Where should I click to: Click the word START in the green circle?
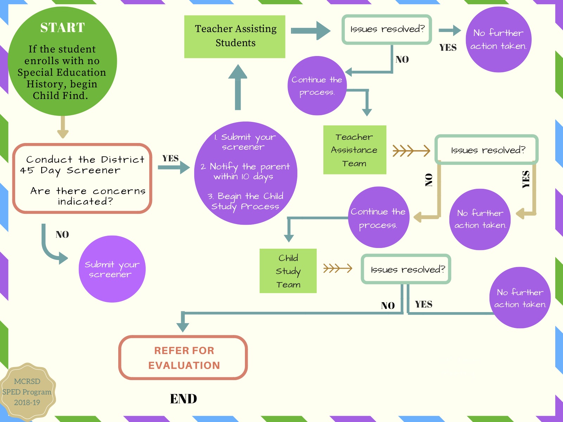coord(63,27)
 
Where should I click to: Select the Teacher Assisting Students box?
coord(235,36)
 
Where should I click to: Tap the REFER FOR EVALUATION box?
coord(183,358)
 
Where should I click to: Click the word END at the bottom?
coord(183,399)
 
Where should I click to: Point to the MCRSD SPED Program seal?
coord(27,392)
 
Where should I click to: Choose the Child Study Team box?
coord(288,271)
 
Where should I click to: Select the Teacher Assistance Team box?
coord(354,150)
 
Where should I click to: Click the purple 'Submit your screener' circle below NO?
coord(112,269)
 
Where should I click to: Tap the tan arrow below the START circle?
coord(63,127)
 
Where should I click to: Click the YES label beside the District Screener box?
coord(171,159)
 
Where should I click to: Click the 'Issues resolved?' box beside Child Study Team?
coord(406,269)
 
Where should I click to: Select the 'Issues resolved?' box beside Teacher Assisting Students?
coord(387,29)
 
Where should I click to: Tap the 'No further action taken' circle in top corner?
coord(498,39)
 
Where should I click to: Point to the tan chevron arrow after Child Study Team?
coord(337,268)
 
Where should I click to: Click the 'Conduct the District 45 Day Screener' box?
coord(82,178)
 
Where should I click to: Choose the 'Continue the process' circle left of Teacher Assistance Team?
coord(317,86)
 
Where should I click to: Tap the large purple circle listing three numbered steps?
coord(246,173)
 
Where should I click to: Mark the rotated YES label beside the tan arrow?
coord(526,179)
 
